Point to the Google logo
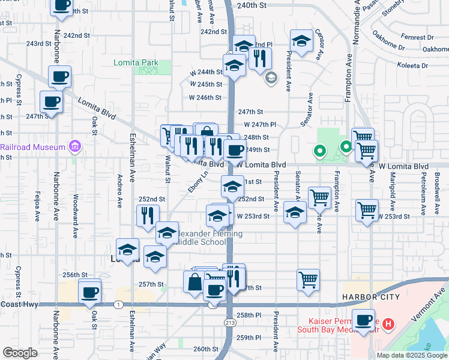point(20,353)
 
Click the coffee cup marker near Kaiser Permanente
point(363,320)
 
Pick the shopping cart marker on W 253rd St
point(367,210)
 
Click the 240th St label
point(251,5)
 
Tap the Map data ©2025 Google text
point(411,355)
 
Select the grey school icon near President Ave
point(271,77)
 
